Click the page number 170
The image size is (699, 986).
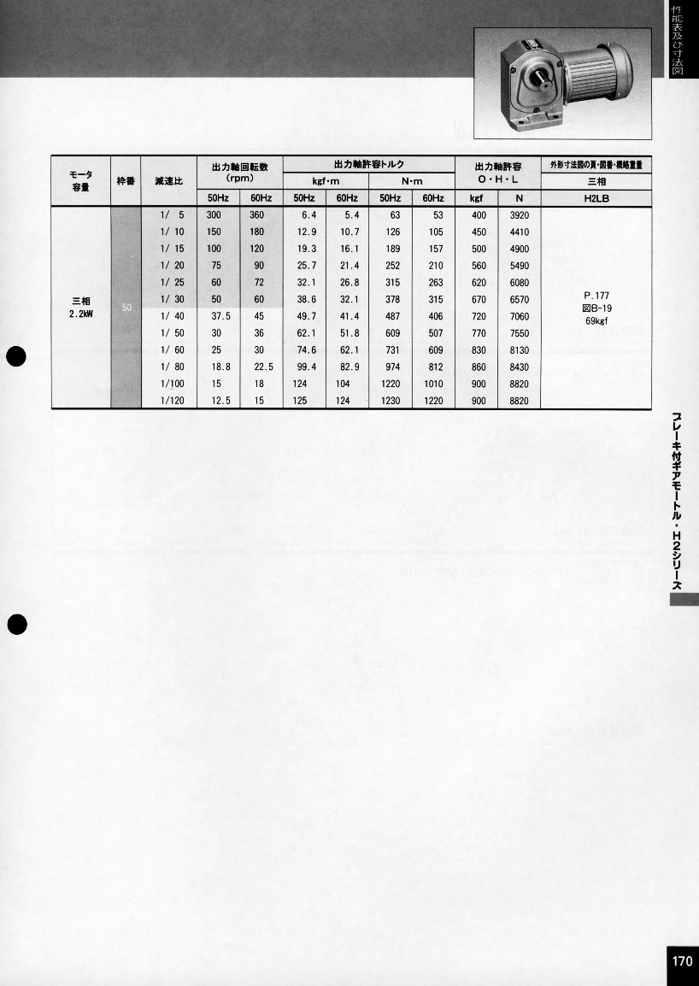(682, 961)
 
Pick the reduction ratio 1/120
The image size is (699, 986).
(172, 401)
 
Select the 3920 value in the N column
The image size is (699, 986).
(519, 215)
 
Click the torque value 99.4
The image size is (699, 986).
(305, 367)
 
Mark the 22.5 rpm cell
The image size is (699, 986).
(262, 367)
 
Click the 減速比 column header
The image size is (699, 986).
(168, 181)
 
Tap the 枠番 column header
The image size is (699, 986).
(126, 181)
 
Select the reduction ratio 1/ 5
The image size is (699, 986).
(172, 215)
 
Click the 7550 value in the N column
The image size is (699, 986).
(519, 333)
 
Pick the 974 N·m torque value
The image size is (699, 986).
(392, 367)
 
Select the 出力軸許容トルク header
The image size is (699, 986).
(368, 164)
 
